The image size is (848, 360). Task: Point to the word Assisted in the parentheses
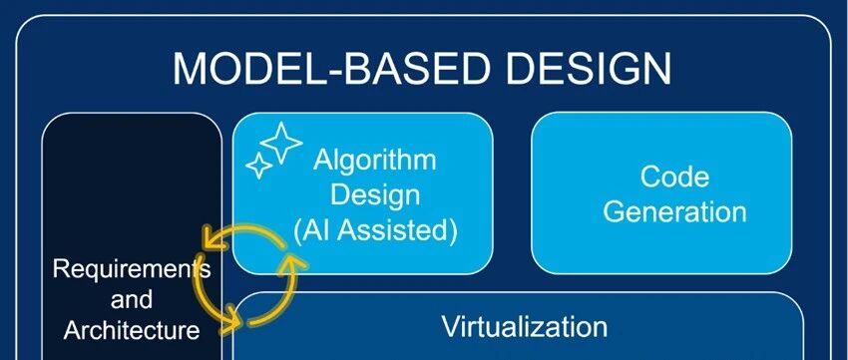pos(401,230)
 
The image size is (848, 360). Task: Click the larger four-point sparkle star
pos(281,142)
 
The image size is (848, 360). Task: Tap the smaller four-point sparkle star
pos(259,166)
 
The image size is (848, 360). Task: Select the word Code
pos(674,177)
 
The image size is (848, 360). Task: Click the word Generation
pos(674,211)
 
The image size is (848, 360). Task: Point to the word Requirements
pos(132,269)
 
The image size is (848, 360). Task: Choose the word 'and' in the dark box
pos(132,299)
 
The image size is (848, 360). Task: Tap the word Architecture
pos(132,330)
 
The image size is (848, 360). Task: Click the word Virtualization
pos(524,326)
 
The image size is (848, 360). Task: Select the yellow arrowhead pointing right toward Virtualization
pos(232,318)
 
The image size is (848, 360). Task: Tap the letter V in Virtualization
pos(450,326)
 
